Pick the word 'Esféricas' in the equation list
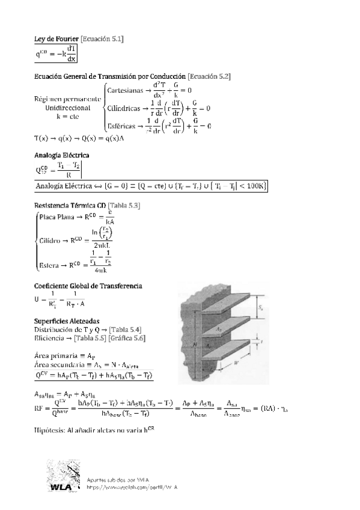point(124,126)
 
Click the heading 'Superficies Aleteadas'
point(66,321)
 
